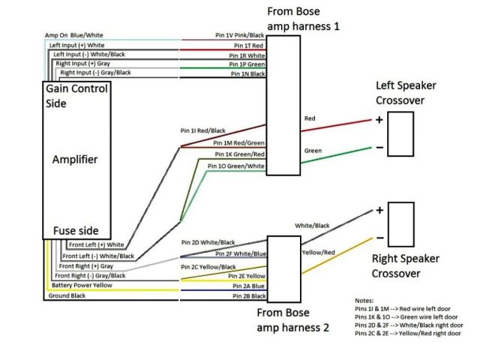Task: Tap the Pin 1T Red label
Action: (x=244, y=45)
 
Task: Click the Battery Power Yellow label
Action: (x=82, y=286)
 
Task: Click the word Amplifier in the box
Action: (x=75, y=160)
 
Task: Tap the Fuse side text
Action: (x=75, y=230)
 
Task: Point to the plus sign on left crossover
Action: (x=379, y=119)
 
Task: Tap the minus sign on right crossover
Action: (x=379, y=238)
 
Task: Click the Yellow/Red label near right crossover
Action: (x=319, y=252)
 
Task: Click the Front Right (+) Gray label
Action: (x=86, y=265)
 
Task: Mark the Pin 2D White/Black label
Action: (x=208, y=242)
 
